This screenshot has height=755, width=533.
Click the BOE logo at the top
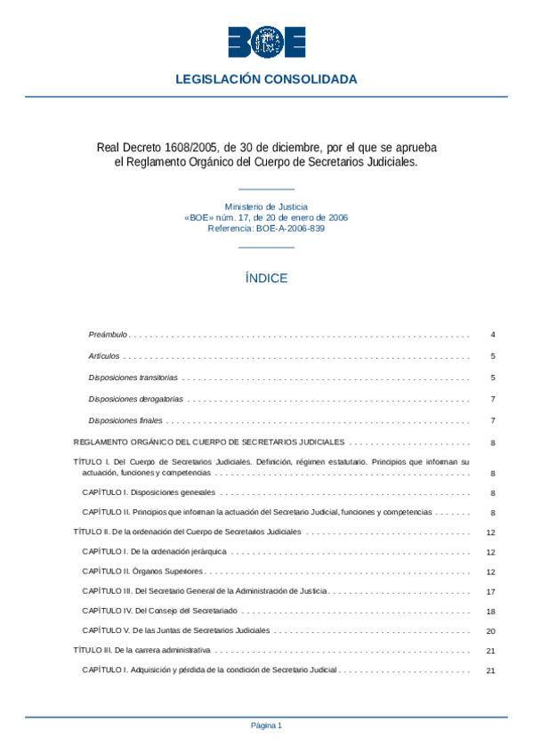pyautogui.click(x=266, y=43)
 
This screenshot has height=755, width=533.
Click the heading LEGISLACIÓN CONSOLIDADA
pyautogui.click(x=266, y=79)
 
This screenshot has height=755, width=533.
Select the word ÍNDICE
pyautogui.click(x=266, y=279)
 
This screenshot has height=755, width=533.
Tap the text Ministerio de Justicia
pyautogui.click(x=266, y=207)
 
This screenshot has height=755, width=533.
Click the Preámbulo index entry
pyautogui.click(x=109, y=335)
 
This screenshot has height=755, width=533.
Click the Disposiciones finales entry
pyautogui.click(x=125, y=420)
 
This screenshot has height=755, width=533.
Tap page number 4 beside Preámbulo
pyautogui.click(x=492, y=335)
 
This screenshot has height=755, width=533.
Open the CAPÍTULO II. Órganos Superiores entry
pyautogui.click(x=142, y=571)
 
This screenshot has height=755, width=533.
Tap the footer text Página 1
pyautogui.click(x=266, y=726)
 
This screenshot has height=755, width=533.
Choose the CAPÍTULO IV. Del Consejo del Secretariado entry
pyautogui.click(x=161, y=612)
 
